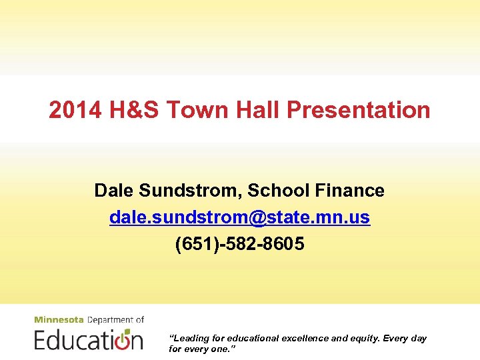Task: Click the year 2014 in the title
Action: click(71, 110)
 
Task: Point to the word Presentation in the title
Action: click(359, 110)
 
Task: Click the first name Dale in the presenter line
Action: click(114, 191)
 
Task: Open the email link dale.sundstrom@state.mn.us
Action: click(240, 217)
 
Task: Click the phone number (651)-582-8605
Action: click(240, 244)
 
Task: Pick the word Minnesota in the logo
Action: click(59, 320)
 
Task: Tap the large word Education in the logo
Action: click(89, 339)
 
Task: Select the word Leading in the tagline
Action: click(191, 338)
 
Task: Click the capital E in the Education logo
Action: click(41, 339)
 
